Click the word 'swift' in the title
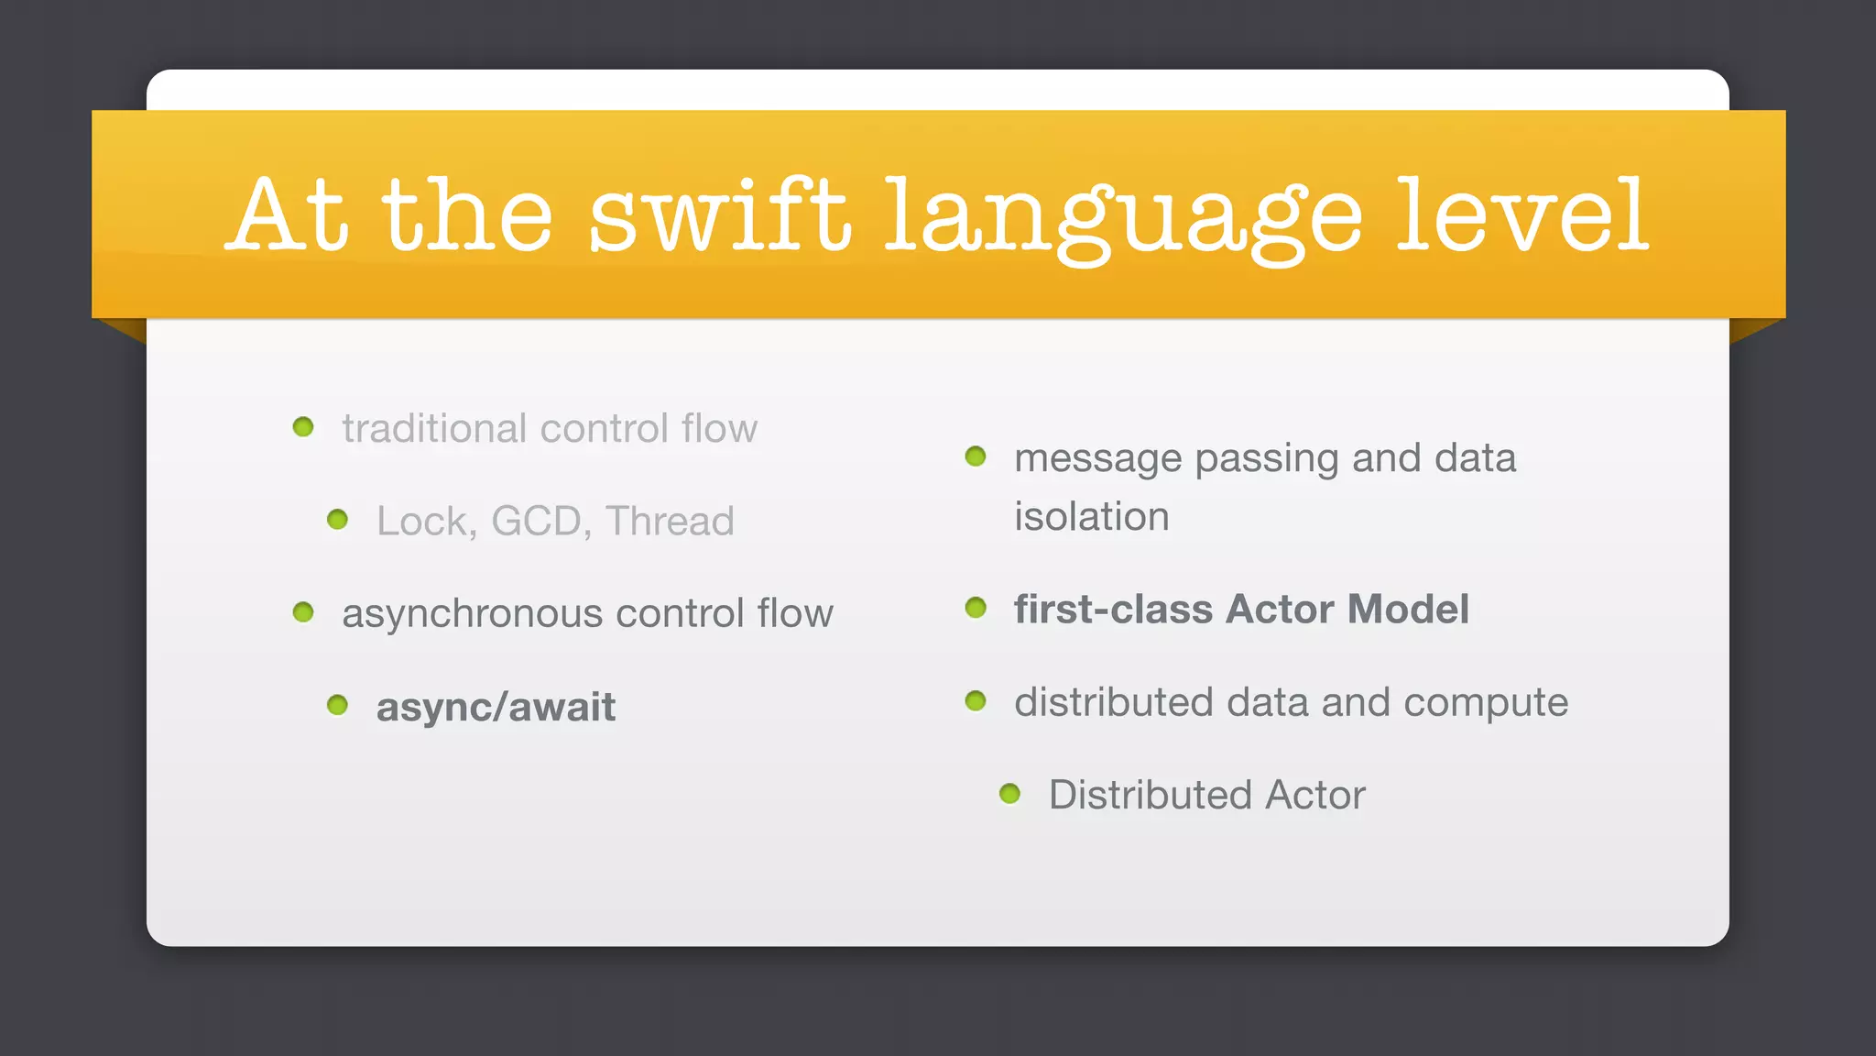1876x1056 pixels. click(719, 216)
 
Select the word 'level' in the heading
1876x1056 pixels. click(1522, 216)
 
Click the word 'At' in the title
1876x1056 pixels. click(288, 216)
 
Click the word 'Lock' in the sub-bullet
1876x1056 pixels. click(421, 521)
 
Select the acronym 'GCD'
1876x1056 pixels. click(535, 521)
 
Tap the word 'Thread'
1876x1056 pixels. click(670, 521)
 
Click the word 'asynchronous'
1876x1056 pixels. click(472, 613)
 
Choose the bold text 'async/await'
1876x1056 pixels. click(496, 707)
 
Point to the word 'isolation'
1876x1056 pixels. click(1091, 517)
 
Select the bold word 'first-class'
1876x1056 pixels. click(1113, 610)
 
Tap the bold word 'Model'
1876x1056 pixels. click(1408, 610)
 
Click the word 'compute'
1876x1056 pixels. click(1485, 703)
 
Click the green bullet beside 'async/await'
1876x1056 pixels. click(337, 705)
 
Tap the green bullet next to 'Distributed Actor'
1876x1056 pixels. click(1009, 793)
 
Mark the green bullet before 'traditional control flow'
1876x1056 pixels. click(303, 426)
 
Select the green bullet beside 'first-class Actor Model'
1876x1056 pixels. click(976, 608)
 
